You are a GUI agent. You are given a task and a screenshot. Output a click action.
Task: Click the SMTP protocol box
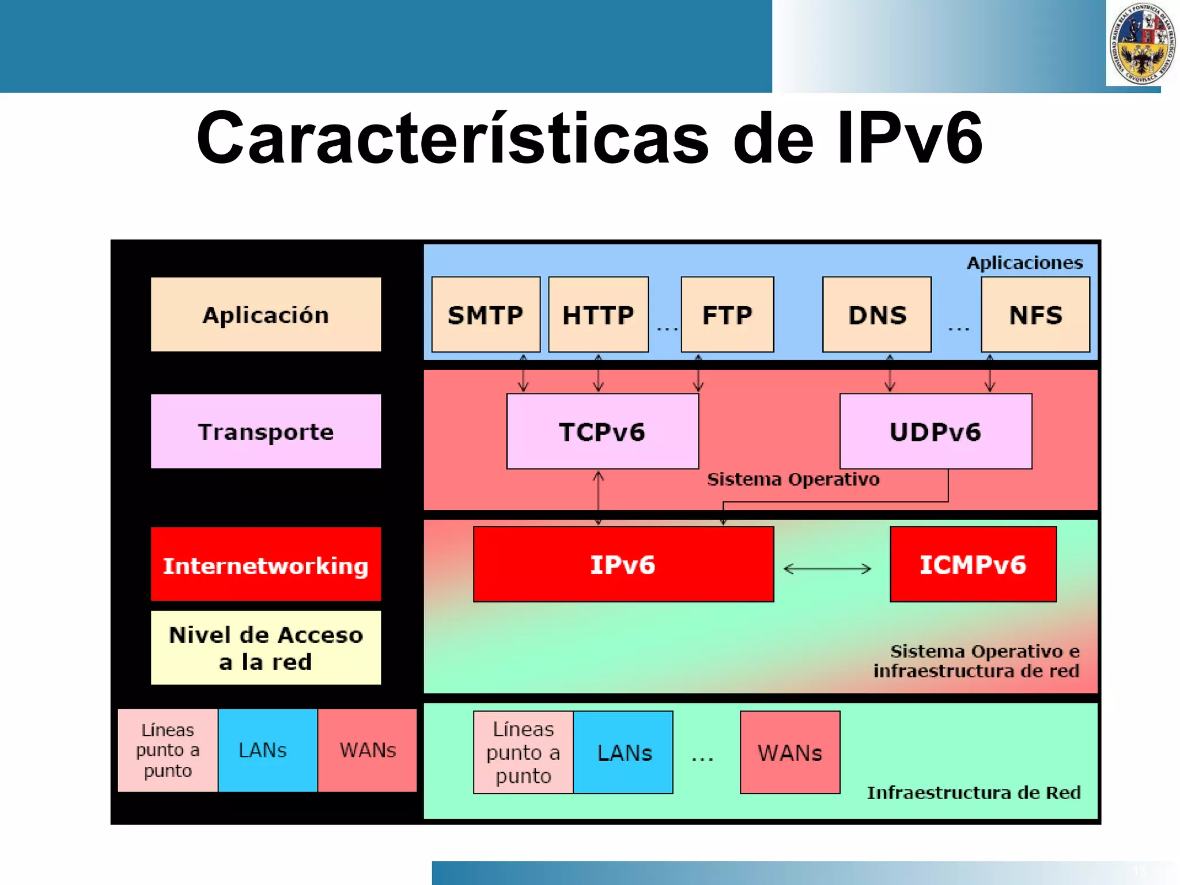[486, 315]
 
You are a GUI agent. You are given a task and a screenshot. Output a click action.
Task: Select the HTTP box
[598, 315]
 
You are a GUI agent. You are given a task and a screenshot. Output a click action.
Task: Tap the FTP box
[727, 315]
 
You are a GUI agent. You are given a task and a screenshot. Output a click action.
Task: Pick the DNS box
[876, 315]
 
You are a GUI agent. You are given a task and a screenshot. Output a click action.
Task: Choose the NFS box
[1035, 315]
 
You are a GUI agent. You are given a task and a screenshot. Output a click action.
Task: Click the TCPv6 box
[602, 432]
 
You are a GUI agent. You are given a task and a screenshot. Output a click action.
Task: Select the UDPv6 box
[935, 432]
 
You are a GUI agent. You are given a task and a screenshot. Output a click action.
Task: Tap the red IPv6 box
[623, 564]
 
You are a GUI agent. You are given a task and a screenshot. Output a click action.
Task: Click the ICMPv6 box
[973, 564]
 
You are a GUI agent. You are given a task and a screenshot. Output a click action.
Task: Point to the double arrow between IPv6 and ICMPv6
[827, 569]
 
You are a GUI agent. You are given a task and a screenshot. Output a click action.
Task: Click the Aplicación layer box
[266, 315]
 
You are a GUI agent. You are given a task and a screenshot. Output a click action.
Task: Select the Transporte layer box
[266, 432]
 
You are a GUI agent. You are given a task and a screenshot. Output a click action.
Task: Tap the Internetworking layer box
[266, 565]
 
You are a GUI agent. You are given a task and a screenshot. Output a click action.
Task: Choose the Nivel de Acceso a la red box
[266, 648]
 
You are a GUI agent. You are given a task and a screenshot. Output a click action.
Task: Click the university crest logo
[1141, 44]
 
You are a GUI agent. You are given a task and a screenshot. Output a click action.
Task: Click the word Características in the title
[452, 139]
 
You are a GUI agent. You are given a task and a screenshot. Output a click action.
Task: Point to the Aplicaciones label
[1024, 263]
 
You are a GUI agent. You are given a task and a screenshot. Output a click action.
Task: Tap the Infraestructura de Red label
[973, 792]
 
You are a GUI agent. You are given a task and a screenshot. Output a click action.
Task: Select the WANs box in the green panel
[789, 752]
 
